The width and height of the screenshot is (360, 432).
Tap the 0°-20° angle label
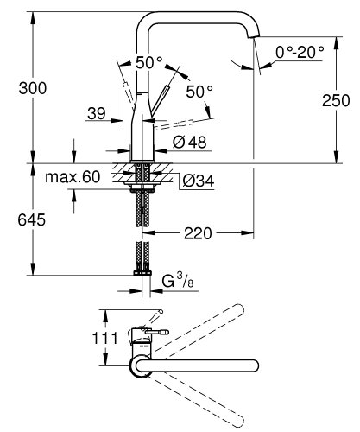[300, 52]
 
